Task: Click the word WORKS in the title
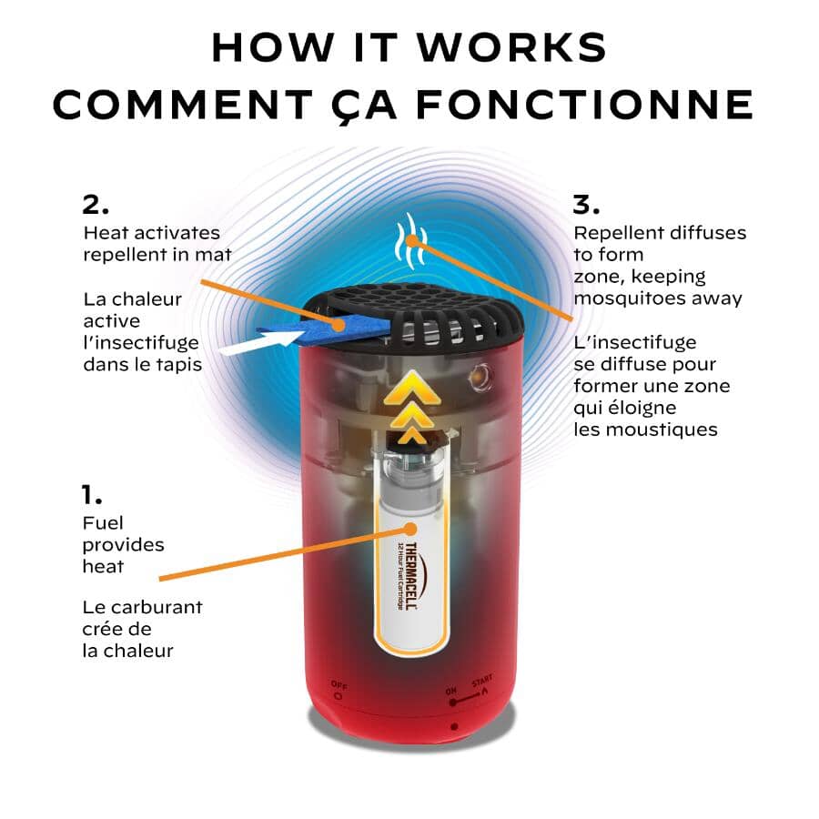coord(512,47)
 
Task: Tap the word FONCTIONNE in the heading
coord(585,104)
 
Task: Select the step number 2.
coord(96,205)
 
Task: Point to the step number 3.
coord(586,205)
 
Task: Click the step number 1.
coord(92,494)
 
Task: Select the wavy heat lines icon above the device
coord(411,241)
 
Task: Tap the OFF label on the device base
coord(339,686)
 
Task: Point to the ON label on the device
coord(451,691)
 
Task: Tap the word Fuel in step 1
coord(103,523)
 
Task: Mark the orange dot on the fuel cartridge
coord(410,529)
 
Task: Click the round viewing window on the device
coord(480,376)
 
